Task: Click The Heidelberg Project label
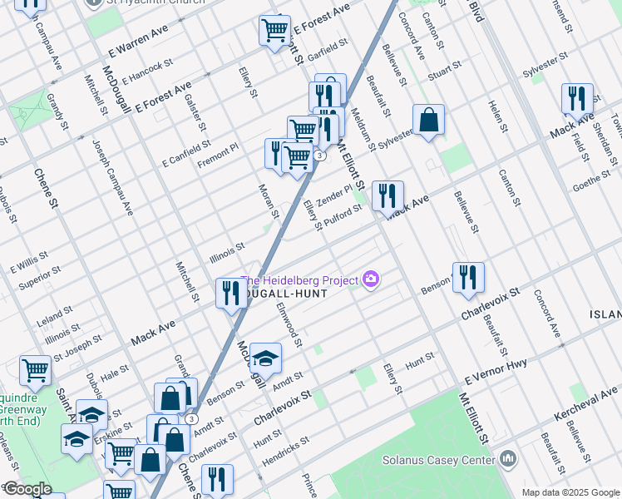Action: point(300,279)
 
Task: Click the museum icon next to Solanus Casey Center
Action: point(508,459)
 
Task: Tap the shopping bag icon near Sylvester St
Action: point(428,121)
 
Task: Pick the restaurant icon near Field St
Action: point(576,99)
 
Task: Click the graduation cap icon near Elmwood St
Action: point(265,358)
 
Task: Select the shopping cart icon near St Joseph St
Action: point(36,372)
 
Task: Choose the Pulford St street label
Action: point(343,216)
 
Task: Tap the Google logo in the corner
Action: point(27,489)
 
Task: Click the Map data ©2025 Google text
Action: point(570,492)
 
